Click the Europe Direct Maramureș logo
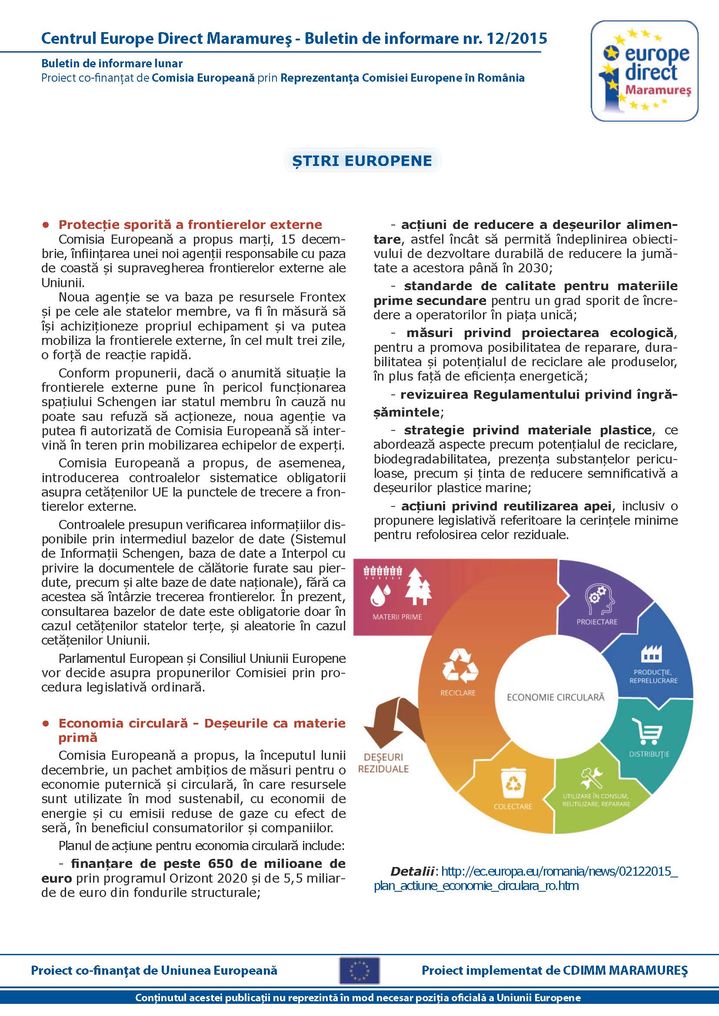pos(644,71)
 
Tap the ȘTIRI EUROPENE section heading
pos(362,161)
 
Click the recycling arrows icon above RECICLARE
pos(460,665)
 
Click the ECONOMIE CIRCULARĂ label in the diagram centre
pos(555,698)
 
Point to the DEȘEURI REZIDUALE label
pos(383,763)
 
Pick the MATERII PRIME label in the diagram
pos(397,617)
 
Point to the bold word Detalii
pos(412,871)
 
